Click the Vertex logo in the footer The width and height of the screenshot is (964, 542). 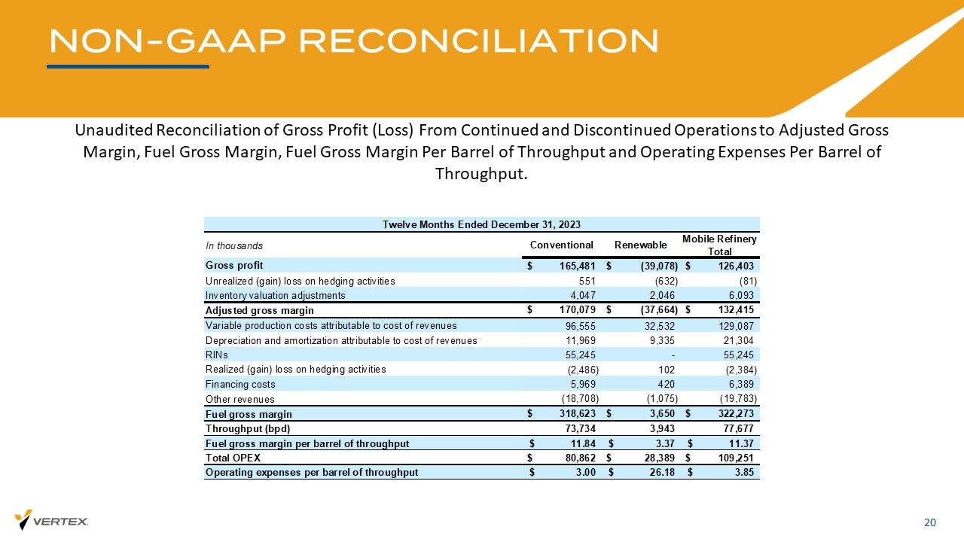tap(51, 520)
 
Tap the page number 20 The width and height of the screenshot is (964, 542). tap(930, 523)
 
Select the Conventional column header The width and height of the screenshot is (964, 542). tap(562, 245)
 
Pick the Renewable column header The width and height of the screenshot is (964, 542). tap(641, 245)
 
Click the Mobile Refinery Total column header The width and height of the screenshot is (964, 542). tap(719, 245)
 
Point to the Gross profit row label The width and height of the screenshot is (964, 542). tap(234, 266)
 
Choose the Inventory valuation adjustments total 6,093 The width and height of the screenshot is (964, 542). tap(739, 296)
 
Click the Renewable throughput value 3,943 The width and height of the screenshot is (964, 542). tap(660, 428)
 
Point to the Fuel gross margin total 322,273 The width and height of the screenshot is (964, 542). tap(732, 414)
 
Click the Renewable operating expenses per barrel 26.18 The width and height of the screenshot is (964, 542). tap(660, 473)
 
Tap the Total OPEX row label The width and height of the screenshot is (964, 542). tap(229, 458)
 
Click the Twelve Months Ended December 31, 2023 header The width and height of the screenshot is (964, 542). tap(481, 224)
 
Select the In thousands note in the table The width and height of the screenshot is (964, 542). tap(234, 245)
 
